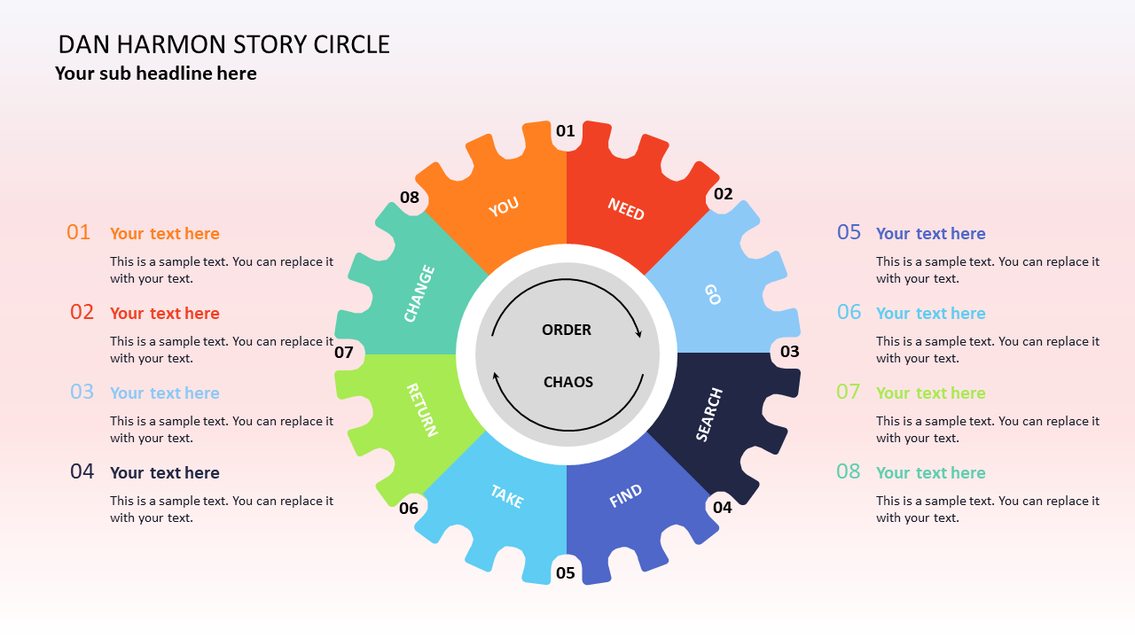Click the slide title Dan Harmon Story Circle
pos(223,44)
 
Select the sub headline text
pos(156,74)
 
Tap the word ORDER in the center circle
pos(567,330)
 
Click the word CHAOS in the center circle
pos(568,382)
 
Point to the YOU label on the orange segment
pos(504,207)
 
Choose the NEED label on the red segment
pos(626,209)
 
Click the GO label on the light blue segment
pos(712,294)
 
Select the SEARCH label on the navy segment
pos(709,415)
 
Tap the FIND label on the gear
pos(626,496)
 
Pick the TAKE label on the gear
pos(506,496)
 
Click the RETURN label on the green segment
pos(421,409)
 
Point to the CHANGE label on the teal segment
pos(419,293)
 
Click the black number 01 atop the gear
pos(566,131)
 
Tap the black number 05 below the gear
pos(566,573)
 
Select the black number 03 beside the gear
pos(790,352)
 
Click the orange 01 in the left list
pos(79,232)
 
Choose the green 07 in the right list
pos(849,392)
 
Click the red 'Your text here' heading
pos(165,314)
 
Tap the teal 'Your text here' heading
pos(931,473)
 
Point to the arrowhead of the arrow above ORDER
pos(638,334)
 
